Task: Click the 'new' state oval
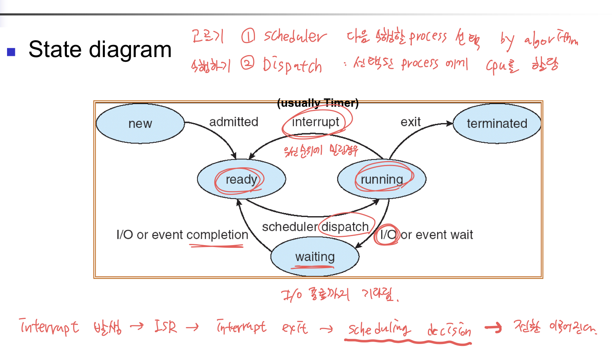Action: coord(140,124)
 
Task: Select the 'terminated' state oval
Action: coord(497,124)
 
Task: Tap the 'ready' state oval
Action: coord(241,179)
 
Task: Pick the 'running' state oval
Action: coord(382,179)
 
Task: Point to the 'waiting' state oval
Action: coord(315,257)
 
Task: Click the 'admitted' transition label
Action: coord(233,122)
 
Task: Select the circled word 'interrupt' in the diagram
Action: coord(316,122)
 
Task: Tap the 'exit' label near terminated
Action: coord(410,122)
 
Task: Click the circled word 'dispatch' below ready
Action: coord(345,227)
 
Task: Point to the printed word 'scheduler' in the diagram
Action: coord(290,227)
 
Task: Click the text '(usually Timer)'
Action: coord(318,103)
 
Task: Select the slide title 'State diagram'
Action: coord(100,50)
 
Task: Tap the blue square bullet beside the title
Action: coord(11,52)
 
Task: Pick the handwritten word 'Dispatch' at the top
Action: coord(292,65)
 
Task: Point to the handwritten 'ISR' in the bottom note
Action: coord(165,326)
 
